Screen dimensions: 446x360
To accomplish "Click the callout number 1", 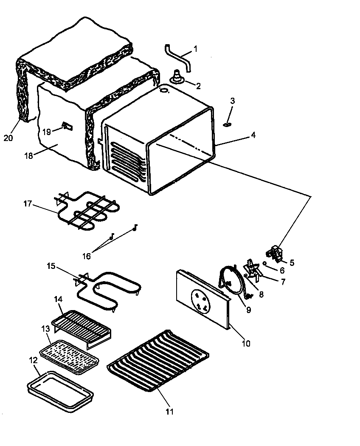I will (x=196, y=49).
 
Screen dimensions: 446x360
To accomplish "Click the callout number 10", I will (x=246, y=343).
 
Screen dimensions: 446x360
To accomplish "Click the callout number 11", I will (x=170, y=411).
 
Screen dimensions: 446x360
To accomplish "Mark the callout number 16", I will (x=87, y=256).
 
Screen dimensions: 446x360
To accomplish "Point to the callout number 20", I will (x=8, y=138).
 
